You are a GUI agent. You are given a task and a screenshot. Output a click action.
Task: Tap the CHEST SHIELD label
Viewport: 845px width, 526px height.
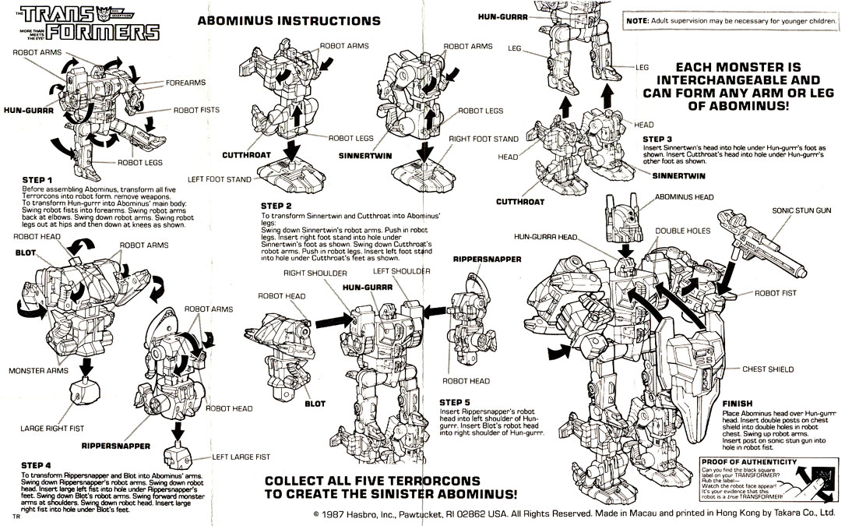tap(770, 369)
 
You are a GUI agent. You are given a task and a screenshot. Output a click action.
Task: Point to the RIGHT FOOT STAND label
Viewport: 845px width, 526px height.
tap(484, 139)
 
